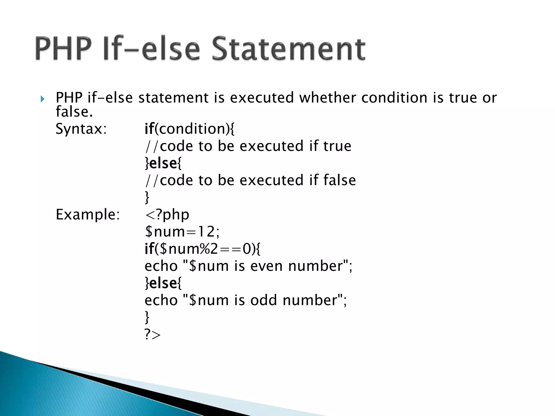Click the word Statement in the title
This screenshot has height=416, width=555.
288,49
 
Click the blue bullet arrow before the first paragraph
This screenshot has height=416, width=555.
42,99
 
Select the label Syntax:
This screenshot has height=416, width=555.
81,129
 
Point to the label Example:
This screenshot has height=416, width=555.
88,215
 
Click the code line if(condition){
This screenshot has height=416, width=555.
190,129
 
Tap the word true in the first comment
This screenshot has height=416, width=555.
337,146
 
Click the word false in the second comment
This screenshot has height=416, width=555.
340,180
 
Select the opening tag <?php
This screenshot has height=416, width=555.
167,215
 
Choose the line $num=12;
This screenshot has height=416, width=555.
182,232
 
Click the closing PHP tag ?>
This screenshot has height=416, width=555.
153,335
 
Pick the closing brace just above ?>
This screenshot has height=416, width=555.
147,317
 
